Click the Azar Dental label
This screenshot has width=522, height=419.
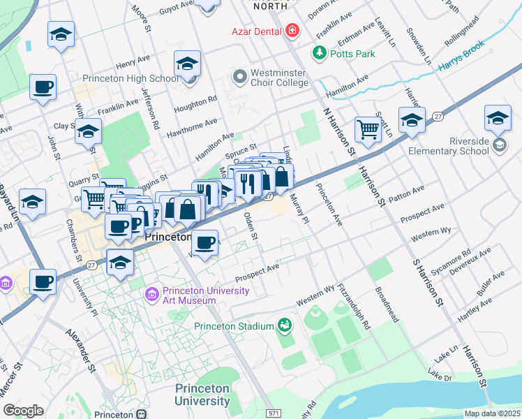[x=256, y=32]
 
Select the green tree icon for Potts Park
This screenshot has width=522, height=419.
[x=319, y=53]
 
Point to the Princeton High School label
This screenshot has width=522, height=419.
[x=130, y=79]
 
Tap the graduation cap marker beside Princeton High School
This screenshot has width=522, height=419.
[x=187, y=64]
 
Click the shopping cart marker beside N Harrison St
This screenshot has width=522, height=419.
[x=367, y=128]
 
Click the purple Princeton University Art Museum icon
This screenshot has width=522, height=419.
[x=152, y=295]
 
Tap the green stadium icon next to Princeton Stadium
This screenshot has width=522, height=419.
[x=284, y=325]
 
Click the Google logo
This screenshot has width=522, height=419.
[x=24, y=411]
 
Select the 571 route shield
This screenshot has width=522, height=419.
[x=274, y=413]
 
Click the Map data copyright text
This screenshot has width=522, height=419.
[x=493, y=413]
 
